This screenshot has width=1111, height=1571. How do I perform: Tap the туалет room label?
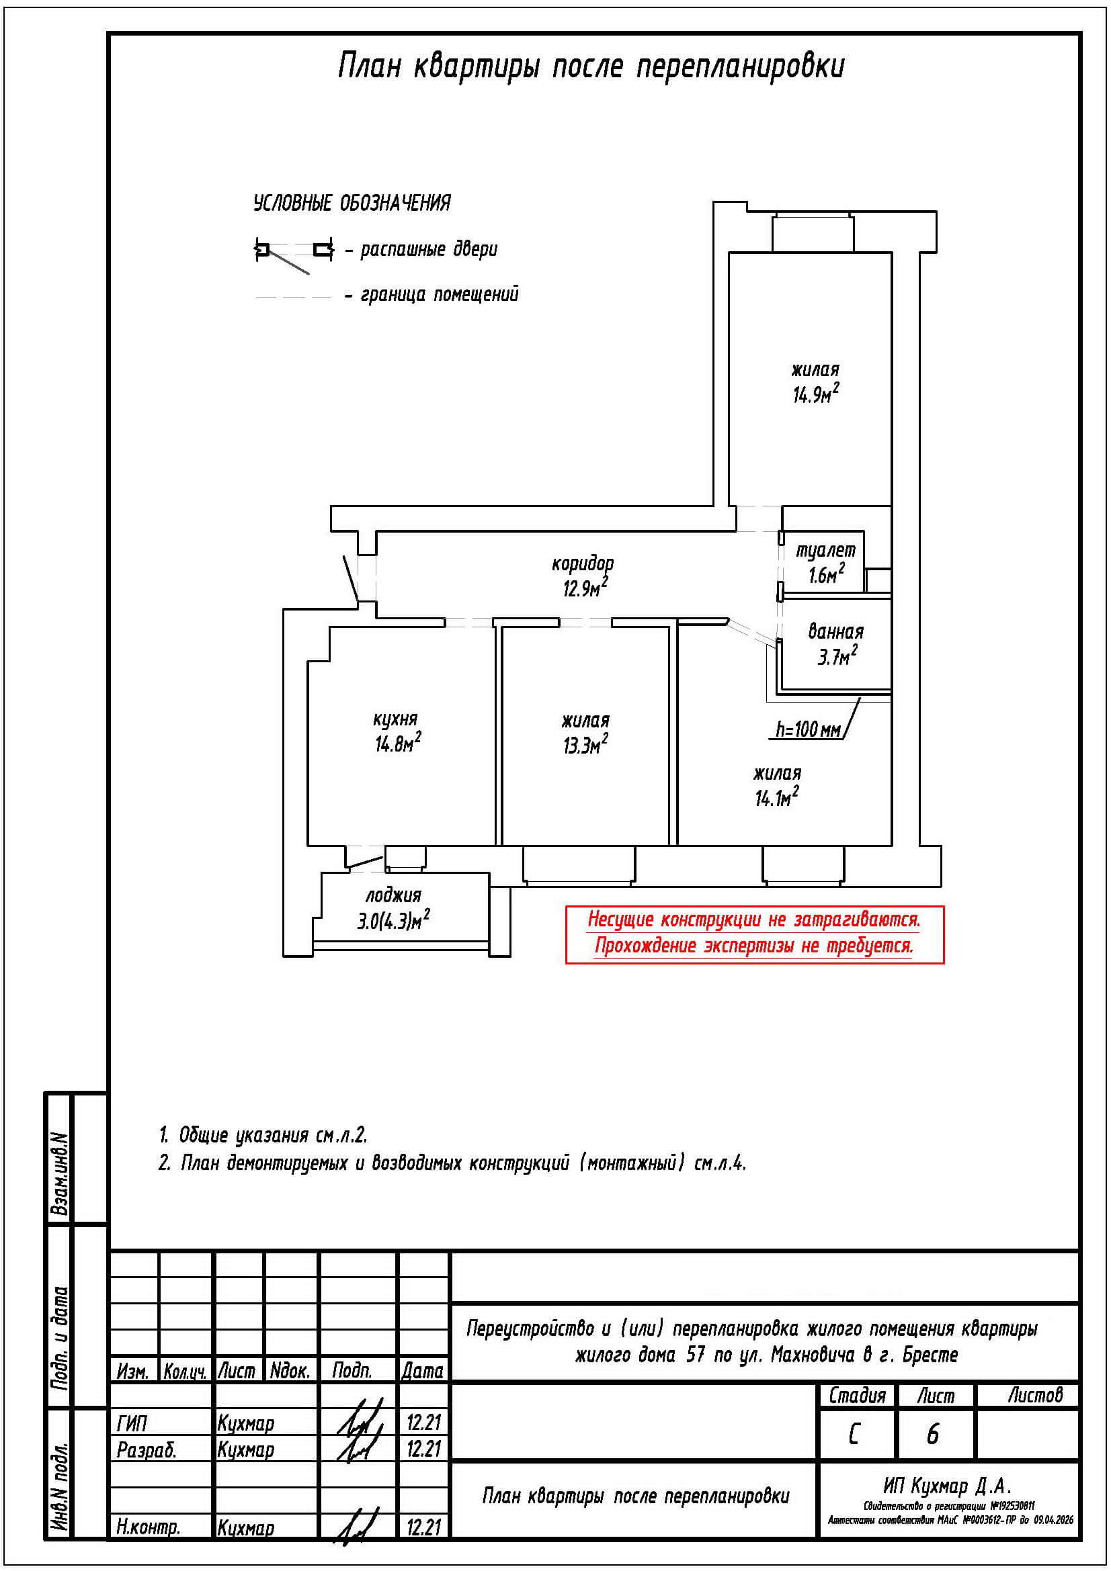point(825,550)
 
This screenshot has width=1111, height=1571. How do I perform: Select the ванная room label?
point(835,631)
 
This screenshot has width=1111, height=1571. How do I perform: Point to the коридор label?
point(583,563)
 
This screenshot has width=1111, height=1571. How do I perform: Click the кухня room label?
point(395,719)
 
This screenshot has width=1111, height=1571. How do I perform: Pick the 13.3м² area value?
point(585,745)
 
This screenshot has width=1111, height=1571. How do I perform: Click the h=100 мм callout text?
point(808,730)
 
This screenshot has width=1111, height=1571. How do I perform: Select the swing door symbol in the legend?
point(293,253)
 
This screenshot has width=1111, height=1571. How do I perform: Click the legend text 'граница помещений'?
point(440,295)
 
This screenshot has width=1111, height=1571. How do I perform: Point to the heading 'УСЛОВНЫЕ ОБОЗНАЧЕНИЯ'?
point(352,204)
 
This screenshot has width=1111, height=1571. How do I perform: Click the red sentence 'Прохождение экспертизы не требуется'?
point(753,947)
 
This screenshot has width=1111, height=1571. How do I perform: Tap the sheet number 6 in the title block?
point(932,1434)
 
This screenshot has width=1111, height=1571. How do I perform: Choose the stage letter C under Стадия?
point(854,1434)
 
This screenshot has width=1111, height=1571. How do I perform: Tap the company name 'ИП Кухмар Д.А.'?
point(948,1486)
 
